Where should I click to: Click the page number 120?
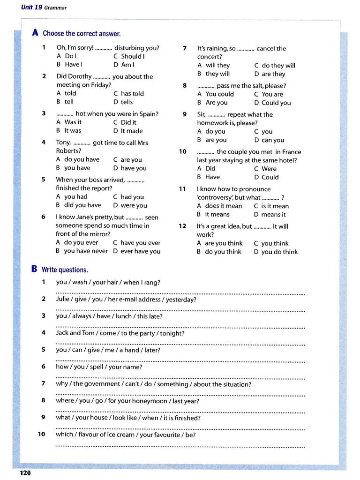25,472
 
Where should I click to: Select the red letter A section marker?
35,33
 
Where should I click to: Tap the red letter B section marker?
34,269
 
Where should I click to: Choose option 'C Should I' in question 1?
129,56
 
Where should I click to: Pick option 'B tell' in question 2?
65,102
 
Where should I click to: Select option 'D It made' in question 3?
128,131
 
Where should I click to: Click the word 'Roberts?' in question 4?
68,151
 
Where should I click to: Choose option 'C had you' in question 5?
128,197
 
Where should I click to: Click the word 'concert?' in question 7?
210,57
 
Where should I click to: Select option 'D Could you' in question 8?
272,103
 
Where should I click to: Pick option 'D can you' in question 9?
269,140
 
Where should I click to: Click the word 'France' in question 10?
291,152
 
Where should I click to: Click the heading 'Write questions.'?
65,270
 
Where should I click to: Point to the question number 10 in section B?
42,435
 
